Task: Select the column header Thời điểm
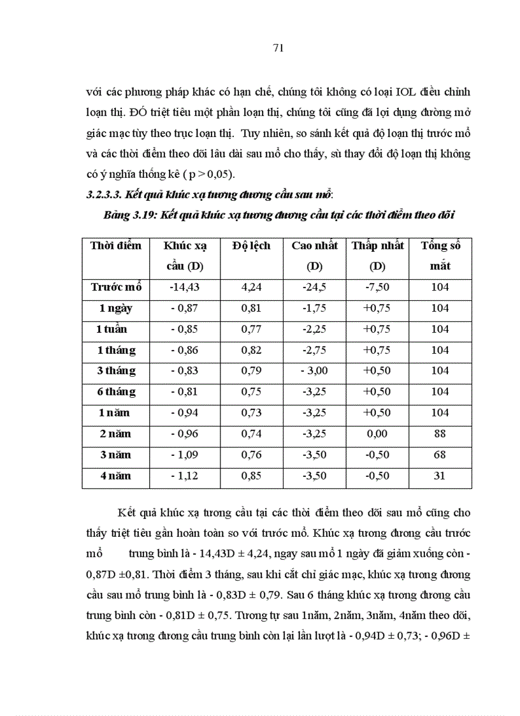[x=116, y=245]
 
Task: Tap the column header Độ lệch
[x=251, y=245]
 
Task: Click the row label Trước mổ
[x=116, y=287]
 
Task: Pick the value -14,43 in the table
[x=184, y=287]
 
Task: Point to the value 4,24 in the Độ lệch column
[x=251, y=287]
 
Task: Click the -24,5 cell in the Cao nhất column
[x=314, y=287]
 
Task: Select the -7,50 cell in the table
[x=377, y=287]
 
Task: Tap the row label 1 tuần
[x=112, y=329]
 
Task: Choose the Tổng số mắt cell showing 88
[x=440, y=434]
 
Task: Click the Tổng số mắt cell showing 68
[x=440, y=455]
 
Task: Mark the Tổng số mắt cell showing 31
[x=440, y=476]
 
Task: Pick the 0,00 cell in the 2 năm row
[x=377, y=434]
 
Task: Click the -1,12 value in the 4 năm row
[x=185, y=476]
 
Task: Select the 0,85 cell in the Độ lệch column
[x=251, y=476]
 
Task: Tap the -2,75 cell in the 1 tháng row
[x=314, y=350]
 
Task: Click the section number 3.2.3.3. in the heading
[x=106, y=194]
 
